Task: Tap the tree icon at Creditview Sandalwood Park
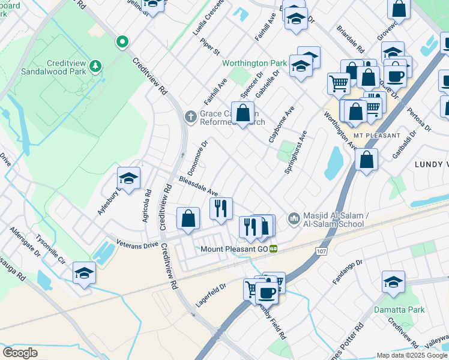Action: (95, 65)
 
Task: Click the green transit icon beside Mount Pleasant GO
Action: (273, 249)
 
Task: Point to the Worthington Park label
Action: (255, 63)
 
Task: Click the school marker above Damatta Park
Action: (393, 281)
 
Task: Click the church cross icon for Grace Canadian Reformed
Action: (190, 116)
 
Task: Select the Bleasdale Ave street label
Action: (198, 187)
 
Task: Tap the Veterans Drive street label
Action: (137, 246)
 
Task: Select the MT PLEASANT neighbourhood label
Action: (376, 136)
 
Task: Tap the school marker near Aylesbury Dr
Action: (128, 178)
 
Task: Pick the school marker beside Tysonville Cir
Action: (84, 273)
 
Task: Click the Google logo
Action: (20, 353)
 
